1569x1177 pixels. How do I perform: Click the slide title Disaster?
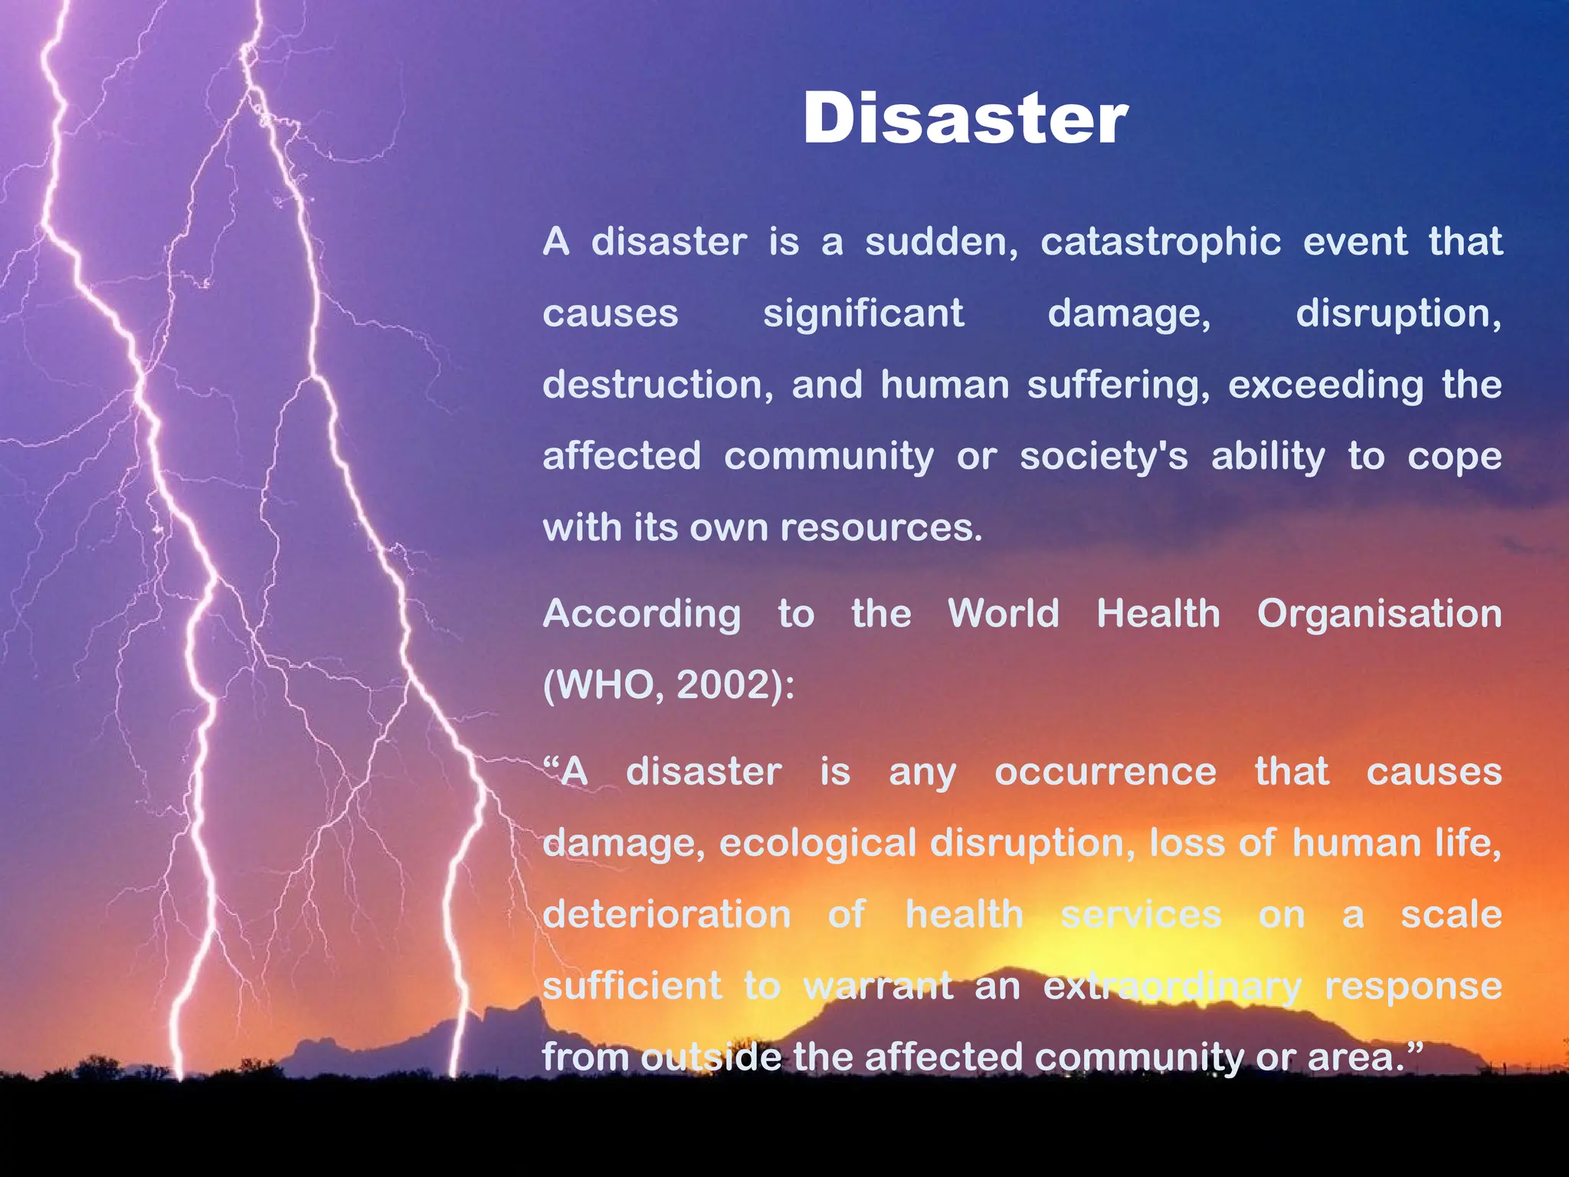coord(965,119)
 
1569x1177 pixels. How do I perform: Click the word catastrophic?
coord(1160,242)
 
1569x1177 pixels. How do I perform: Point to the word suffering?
coord(1118,385)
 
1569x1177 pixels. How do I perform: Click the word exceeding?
coord(1325,385)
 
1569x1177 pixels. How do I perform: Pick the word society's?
coord(1103,457)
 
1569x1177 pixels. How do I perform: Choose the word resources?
coord(880,528)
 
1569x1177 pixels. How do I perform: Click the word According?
coord(642,615)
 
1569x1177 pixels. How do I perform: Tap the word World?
coord(1004,615)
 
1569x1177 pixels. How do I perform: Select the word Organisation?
coord(1379,615)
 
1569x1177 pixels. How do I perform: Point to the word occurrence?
coord(1105,772)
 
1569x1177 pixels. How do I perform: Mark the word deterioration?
coord(667,915)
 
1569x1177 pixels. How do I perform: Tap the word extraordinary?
coord(1171,986)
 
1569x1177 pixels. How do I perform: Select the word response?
coord(1413,986)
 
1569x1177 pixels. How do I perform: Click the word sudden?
coord(941,242)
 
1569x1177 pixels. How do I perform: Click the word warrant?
coord(878,986)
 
